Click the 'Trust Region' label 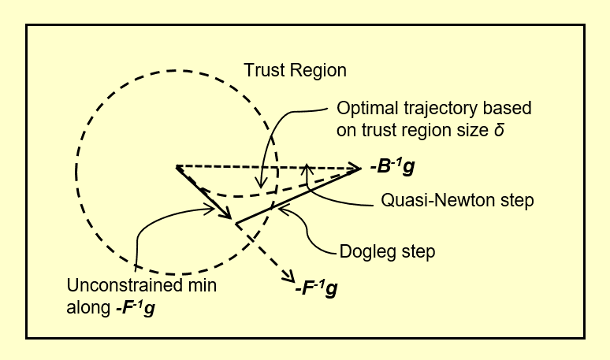tap(294, 70)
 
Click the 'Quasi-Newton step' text tap(457, 200)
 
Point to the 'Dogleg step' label tap(387, 252)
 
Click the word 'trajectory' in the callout tap(429, 107)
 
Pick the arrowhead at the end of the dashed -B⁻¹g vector tap(355, 167)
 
